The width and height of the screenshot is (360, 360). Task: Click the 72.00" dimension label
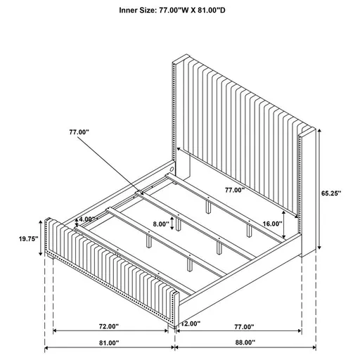[x=108, y=327]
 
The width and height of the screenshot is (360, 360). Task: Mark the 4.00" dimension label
[x=89, y=219]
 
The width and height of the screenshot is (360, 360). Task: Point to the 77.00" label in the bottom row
[x=243, y=327]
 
